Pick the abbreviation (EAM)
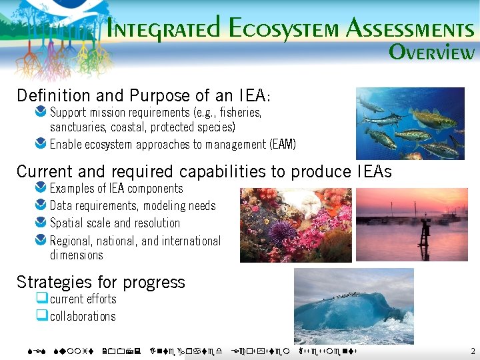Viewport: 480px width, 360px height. [283, 144]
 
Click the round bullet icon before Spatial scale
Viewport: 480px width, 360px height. [41, 223]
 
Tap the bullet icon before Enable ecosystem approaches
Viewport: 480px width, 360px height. [41, 144]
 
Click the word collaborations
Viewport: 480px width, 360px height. [83, 317]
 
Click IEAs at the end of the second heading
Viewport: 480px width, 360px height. [373, 171]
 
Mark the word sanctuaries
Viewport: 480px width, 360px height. [75, 127]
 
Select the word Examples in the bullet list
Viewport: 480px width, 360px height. [72, 189]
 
